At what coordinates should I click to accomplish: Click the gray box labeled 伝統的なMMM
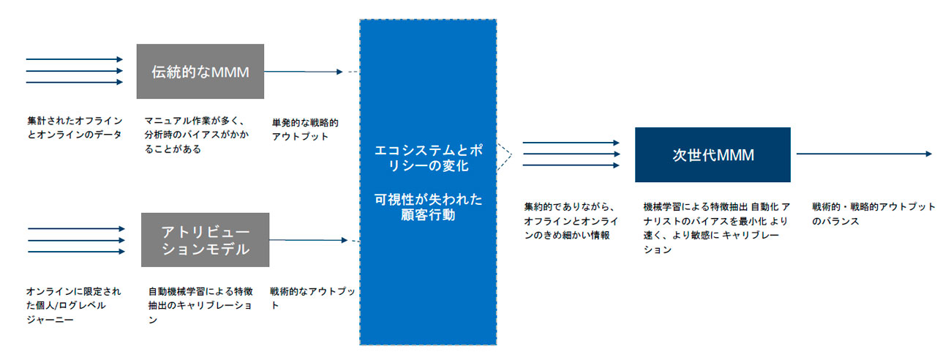[x=200, y=71]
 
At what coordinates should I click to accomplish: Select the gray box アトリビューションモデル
[x=205, y=240]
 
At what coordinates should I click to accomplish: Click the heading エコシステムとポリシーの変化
[x=427, y=157]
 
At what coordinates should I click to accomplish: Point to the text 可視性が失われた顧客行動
[x=427, y=208]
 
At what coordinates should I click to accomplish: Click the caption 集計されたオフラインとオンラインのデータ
[x=75, y=127]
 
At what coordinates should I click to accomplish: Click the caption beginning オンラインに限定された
[x=73, y=304]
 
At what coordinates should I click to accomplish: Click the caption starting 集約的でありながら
[x=571, y=220]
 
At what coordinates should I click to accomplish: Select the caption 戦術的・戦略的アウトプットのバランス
[x=873, y=213]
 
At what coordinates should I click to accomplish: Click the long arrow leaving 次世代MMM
[x=863, y=154]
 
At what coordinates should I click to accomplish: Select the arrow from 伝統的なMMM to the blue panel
[x=303, y=72]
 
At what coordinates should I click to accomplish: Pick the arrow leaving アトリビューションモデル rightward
[x=307, y=240]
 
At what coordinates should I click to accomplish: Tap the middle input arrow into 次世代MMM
[x=571, y=154]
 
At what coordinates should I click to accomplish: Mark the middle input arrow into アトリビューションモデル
[x=76, y=240]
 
